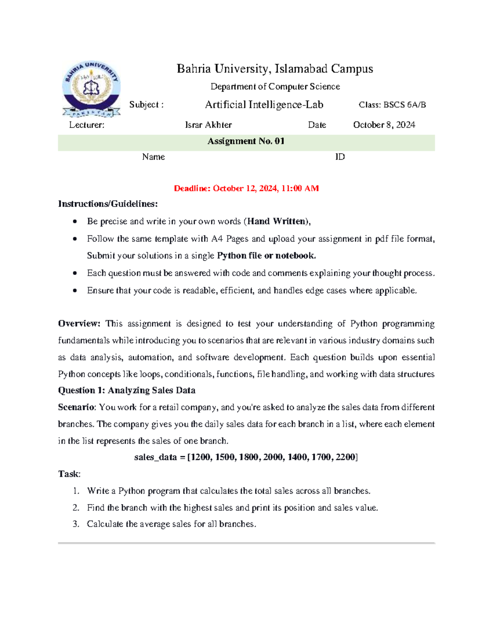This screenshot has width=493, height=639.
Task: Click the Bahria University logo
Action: coord(91,89)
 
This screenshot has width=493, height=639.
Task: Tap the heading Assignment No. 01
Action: coord(246,141)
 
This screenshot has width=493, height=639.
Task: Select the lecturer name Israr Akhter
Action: coord(208,125)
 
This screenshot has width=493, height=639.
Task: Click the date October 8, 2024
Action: coord(384,125)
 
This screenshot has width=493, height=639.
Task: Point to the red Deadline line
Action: coord(246,188)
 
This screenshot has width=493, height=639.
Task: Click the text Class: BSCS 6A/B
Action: coord(392,105)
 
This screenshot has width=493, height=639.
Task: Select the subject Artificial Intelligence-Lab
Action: coord(264,105)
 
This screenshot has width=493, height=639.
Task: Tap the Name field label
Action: coord(153,157)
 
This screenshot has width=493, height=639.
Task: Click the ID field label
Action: coord(340,157)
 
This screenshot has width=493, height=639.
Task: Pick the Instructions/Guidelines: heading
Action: coord(108,204)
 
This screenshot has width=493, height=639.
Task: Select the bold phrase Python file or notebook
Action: coord(266,256)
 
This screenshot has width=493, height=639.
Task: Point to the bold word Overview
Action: coord(79,323)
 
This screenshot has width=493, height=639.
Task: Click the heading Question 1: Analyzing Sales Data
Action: coord(127,390)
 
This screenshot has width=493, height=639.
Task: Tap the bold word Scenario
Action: coord(76,407)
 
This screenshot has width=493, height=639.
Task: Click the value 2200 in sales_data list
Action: coord(345,457)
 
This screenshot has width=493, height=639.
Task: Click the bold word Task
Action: coord(69,474)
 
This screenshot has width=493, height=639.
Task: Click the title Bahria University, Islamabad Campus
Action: coord(275,69)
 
